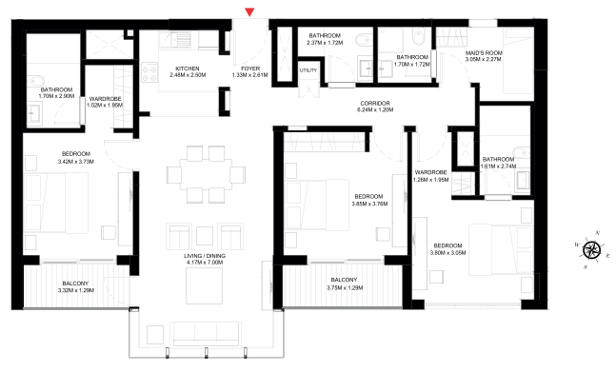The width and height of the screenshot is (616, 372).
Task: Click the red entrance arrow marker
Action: click(249, 12)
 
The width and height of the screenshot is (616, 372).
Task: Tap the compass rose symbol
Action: click(592, 250)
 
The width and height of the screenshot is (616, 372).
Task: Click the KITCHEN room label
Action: click(186, 68)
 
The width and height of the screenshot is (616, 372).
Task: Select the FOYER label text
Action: click(250, 68)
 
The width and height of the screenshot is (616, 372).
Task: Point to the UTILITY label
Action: click(308, 70)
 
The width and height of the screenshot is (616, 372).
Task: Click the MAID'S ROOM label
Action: click(483, 53)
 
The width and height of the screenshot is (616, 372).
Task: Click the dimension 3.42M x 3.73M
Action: click(76, 163)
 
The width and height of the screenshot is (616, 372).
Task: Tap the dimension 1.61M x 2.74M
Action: click(498, 166)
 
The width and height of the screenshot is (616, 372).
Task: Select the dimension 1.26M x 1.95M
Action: click(430, 180)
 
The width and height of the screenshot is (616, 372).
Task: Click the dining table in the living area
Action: click(198, 174)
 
